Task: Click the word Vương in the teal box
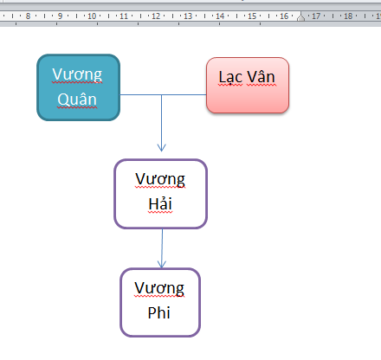(x=77, y=74)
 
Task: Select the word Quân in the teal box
(x=77, y=100)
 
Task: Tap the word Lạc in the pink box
(x=230, y=77)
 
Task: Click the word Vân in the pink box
(x=261, y=77)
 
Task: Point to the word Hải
(x=160, y=203)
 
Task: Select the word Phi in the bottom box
(x=159, y=312)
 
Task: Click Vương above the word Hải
(x=160, y=179)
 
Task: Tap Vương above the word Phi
(x=159, y=288)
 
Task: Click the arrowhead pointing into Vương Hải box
(x=162, y=147)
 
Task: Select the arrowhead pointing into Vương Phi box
(x=162, y=264)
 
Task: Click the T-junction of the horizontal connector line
(x=162, y=94)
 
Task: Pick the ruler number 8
(x=28, y=16)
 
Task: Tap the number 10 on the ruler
(x=92, y=16)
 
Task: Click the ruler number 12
(x=156, y=16)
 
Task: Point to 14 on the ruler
(x=220, y=16)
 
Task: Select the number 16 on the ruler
(x=284, y=16)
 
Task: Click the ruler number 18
(x=348, y=16)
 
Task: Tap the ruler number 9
(x=60, y=16)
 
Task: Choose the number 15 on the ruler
(x=252, y=16)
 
